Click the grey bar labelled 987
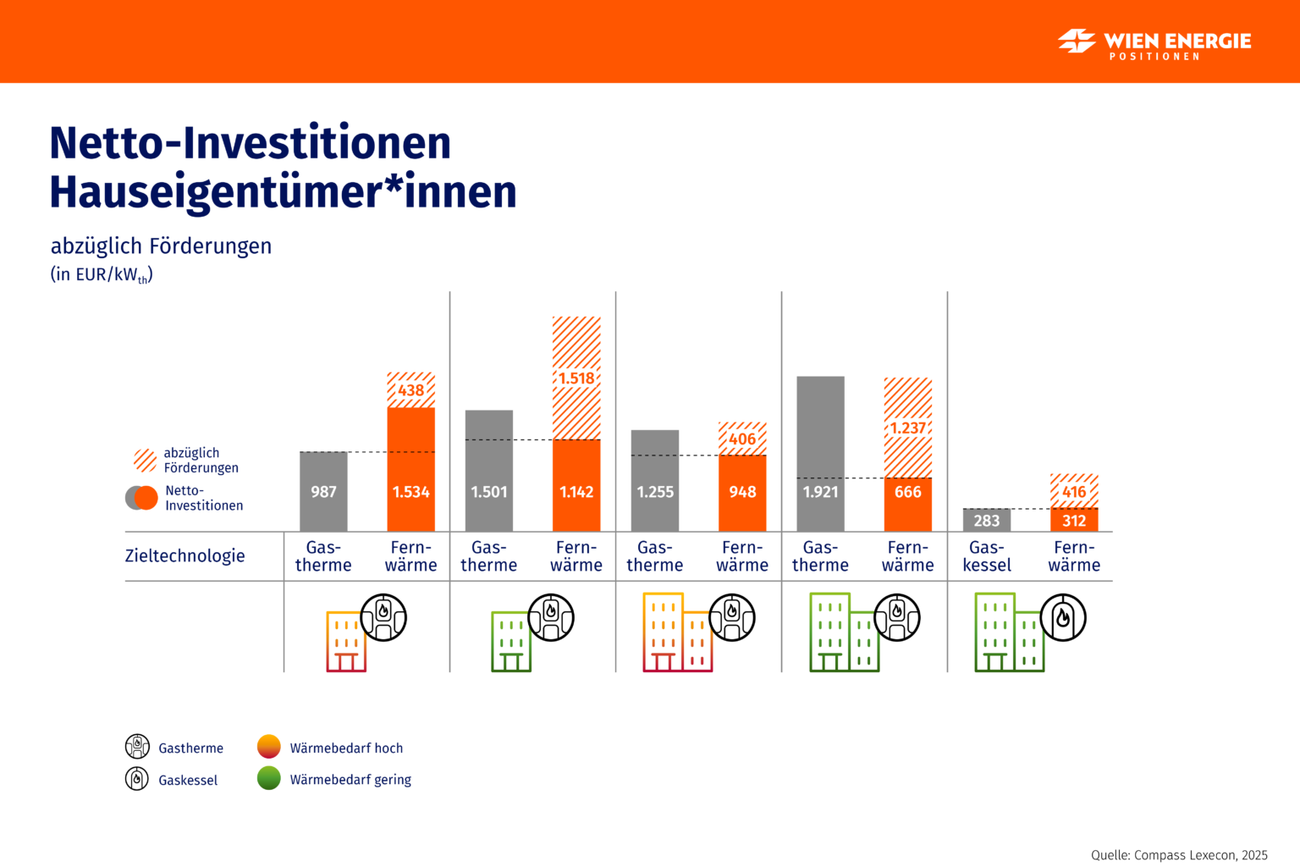click(323, 491)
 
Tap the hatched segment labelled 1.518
click(576, 378)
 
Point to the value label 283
click(987, 521)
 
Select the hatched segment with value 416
click(1074, 491)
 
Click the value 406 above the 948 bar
click(742, 439)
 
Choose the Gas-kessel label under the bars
click(987, 556)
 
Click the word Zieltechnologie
click(185, 555)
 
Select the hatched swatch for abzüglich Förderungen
click(146, 460)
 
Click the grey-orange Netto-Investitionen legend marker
click(141, 498)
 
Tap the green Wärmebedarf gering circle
click(268, 778)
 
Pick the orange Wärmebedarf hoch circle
click(268, 747)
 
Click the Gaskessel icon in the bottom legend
click(137, 778)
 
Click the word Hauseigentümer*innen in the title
click(283, 191)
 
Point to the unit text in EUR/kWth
click(102, 274)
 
